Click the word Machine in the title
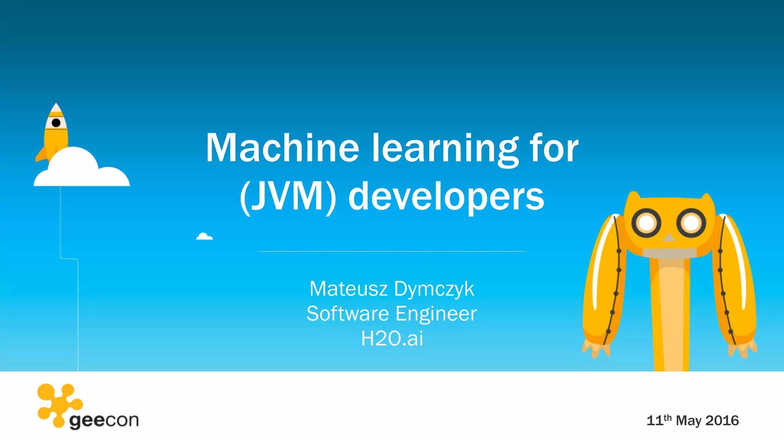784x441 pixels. click(282, 148)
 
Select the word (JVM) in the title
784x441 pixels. click(288, 196)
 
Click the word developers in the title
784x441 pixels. click(446, 197)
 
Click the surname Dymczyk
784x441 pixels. click(434, 289)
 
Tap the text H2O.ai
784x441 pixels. click(392, 338)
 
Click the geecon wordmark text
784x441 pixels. click(104, 421)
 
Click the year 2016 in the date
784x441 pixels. click(722, 420)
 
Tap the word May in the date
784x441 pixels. click(689, 420)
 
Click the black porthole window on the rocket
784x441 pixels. click(56, 123)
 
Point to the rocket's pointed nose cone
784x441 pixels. click(56, 108)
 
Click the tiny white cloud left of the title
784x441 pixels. click(204, 237)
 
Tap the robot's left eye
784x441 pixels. click(647, 223)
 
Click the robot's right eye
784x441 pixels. click(691, 223)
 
